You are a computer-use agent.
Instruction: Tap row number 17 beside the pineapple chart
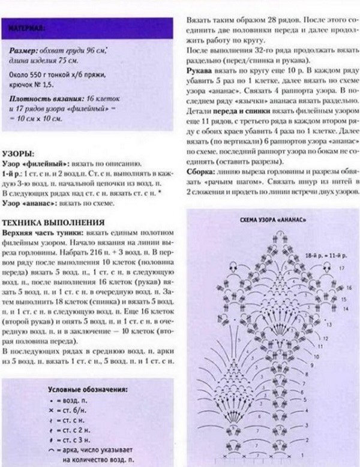[x=341, y=268]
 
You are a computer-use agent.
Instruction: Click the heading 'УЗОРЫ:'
[x=17, y=153]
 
